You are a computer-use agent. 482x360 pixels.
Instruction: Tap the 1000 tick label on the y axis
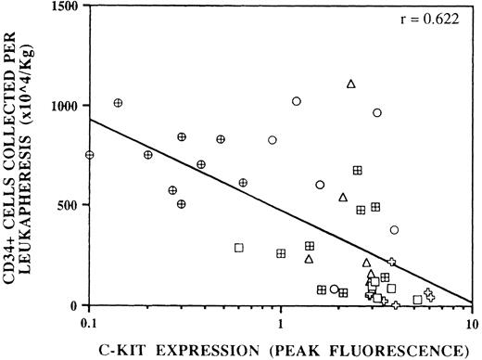(x=63, y=106)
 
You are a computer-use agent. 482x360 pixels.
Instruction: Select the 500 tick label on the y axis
(x=67, y=205)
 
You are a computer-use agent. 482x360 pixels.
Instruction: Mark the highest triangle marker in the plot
(x=351, y=84)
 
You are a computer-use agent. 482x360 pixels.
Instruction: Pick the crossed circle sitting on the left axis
(x=90, y=155)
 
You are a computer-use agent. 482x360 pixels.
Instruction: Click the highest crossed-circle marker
(x=118, y=103)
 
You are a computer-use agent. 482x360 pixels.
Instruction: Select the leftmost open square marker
(x=238, y=248)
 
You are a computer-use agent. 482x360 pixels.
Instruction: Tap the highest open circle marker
(x=297, y=101)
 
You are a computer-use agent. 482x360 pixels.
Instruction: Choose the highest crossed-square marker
(x=357, y=170)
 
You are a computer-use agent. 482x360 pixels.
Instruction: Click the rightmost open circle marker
(x=394, y=230)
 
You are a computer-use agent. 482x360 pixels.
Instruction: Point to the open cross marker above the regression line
(x=391, y=263)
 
